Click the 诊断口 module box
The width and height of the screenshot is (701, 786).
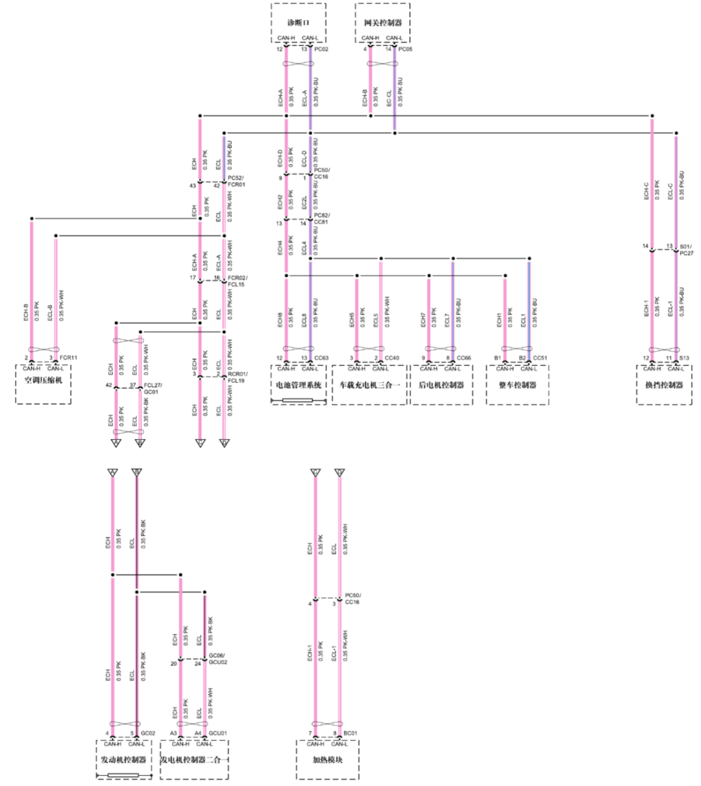(x=298, y=23)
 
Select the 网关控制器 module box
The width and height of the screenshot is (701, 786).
(x=382, y=23)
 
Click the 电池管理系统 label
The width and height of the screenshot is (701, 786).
(x=298, y=385)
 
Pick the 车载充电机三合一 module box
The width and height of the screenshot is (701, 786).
(x=369, y=385)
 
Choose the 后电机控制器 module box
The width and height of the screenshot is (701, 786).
(x=441, y=385)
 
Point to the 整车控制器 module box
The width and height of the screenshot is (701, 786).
(x=517, y=385)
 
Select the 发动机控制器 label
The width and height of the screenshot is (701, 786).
(x=123, y=759)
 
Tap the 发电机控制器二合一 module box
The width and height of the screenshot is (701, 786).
(x=194, y=759)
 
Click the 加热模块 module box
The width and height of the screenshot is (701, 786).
(x=328, y=759)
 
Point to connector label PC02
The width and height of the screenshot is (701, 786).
(x=321, y=49)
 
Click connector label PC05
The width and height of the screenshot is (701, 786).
(x=405, y=49)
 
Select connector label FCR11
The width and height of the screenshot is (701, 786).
(x=68, y=358)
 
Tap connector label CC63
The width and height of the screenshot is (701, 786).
(x=321, y=358)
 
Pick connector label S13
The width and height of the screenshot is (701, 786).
(x=684, y=358)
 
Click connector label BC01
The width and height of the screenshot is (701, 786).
(x=350, y=733)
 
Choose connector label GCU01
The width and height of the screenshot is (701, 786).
(x=217, y=733)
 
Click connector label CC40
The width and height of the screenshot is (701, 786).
(x=391, y=358)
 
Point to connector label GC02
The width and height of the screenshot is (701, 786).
(x=148, y=733)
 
